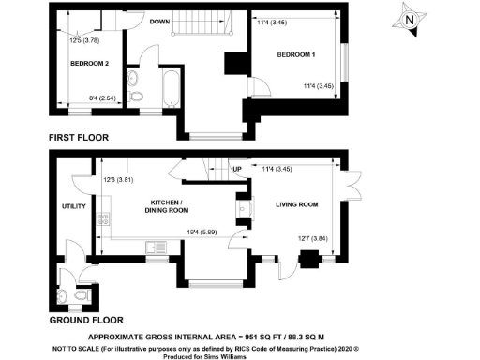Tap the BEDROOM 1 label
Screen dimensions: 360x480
coord(295,55)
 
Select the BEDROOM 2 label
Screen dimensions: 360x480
coord(89,63)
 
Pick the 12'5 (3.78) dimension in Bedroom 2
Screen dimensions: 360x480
coord(86,39)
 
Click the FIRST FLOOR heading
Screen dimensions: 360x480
coord(80,138)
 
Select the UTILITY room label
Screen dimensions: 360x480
coord(74,206)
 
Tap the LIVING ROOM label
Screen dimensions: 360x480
coord(296,202)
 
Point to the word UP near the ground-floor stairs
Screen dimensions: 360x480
coord(237,170)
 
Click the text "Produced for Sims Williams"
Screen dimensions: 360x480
coord(239,354)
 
